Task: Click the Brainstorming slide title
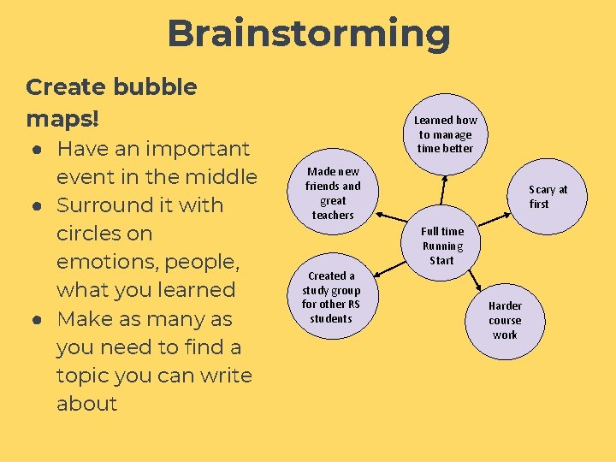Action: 308,34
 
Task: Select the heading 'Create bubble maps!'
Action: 111,100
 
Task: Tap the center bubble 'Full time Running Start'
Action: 442,246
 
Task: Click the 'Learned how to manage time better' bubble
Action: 445,134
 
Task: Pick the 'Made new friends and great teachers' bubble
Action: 333,193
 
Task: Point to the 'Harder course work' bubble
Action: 505,320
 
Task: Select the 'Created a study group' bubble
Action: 331,297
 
